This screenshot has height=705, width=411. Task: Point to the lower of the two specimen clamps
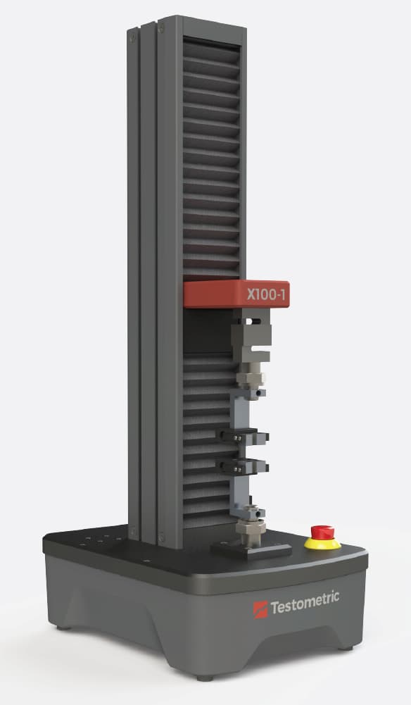242,465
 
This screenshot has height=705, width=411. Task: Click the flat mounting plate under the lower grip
252,549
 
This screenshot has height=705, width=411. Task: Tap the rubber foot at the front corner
203,677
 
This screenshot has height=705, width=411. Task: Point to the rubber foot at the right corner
344,646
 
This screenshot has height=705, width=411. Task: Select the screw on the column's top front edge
161,29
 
